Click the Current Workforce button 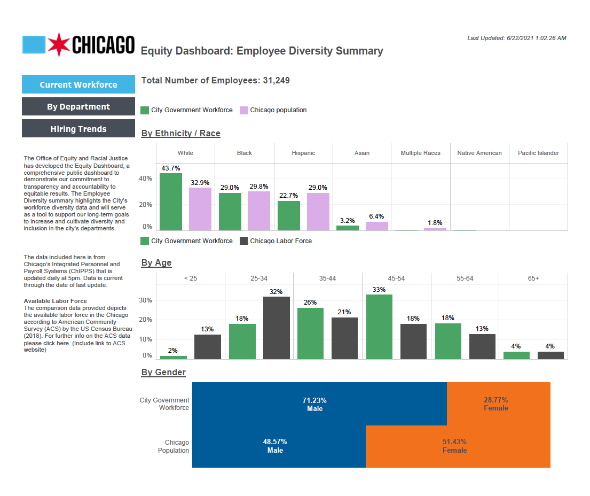coord(78,84)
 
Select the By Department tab coord(78,106)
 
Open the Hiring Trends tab coord(78,129)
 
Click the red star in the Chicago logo coord(58,45)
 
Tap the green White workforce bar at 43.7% coord(170,202)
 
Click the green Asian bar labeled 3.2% coord(347,228)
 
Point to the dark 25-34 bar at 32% coord(276,328)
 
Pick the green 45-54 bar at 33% coord(379,327)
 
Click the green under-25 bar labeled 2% coord(174,357)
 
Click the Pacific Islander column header coord(538,153)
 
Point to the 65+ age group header coord(533,278)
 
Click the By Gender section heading coord(163,372)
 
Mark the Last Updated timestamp coord(516,38)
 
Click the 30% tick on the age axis coord(145,300)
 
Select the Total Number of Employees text coord(215,81)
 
